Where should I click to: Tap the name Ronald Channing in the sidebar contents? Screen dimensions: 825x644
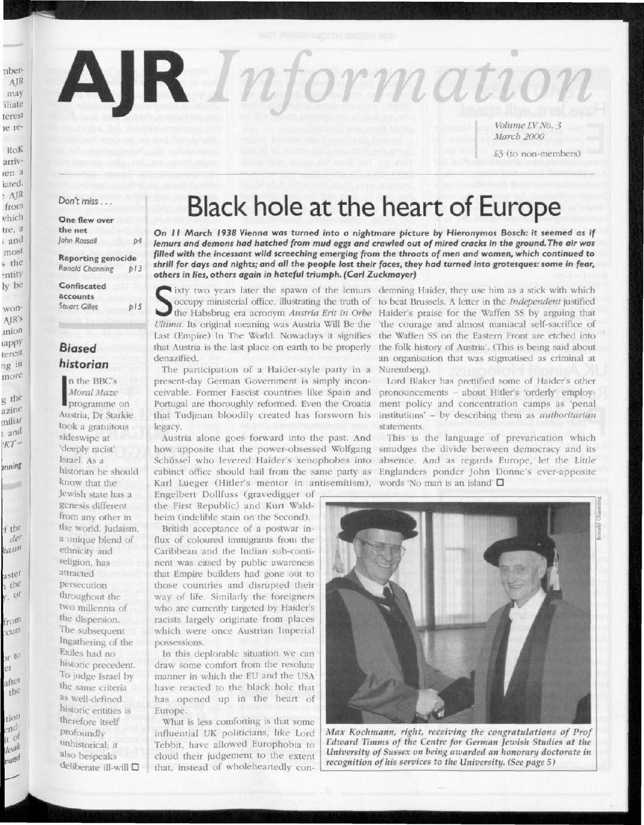point(86,269)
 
